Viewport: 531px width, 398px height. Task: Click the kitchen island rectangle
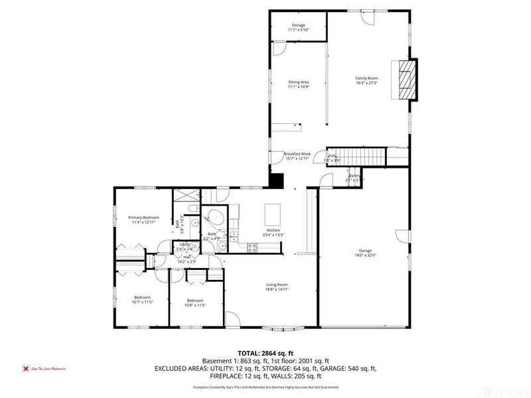point(273,214)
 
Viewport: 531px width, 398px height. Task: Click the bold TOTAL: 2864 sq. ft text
point(265,352)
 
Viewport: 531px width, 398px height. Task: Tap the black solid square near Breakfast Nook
point(276,180)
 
